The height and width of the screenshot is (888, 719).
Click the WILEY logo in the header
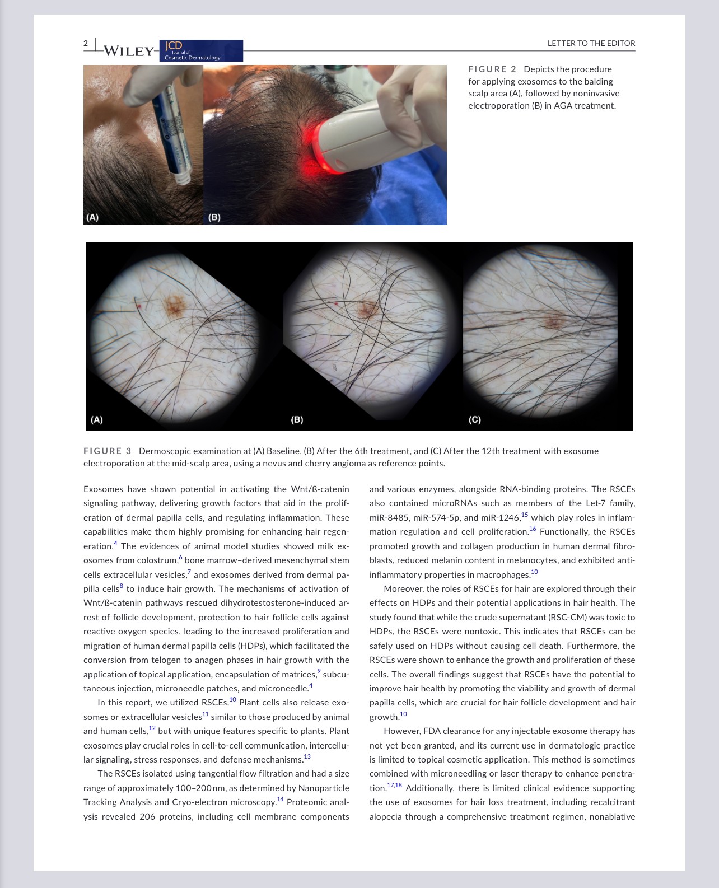click(128, 51)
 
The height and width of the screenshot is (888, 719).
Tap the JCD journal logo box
click(200, 50)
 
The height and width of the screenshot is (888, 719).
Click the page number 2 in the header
click(86, 43)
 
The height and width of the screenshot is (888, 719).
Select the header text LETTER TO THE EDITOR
click(591, 43)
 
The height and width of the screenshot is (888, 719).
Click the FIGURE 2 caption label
click(492, 69)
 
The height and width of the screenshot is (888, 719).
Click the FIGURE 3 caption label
click(107, 451)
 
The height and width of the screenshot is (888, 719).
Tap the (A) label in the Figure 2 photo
click(92, 217)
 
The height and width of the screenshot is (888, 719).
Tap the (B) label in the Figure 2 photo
click(214, 217)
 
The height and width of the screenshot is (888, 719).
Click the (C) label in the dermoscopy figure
click(474, 419)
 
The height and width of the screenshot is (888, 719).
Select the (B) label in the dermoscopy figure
click(297, 419)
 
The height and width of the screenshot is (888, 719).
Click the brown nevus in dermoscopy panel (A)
click(175, 305)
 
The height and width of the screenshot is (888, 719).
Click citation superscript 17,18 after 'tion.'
click(394, 785)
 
